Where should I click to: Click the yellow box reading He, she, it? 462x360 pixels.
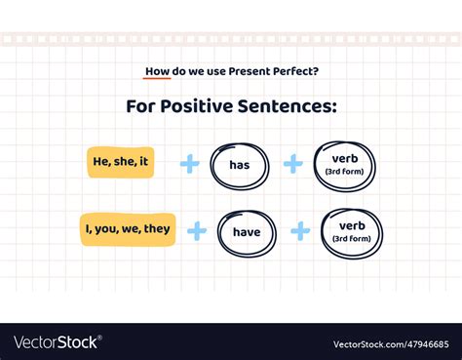[x=122, y=162]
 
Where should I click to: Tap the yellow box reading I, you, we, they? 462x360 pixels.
[x=128, y=229]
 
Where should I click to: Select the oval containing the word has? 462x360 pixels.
[x=240, y=165]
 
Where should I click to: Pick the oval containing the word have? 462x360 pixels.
[x=247, y=232]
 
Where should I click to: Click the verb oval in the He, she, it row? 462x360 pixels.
[x=344, y=165]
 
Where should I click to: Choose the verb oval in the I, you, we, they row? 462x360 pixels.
[x=351, y=233]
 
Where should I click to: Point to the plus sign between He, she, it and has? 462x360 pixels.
[x=189, y=164]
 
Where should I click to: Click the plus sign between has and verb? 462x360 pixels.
[x=292, y=164]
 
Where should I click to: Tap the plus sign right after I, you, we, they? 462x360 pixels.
[x=197, y=231]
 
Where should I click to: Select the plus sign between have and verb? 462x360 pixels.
[x=300, y=231]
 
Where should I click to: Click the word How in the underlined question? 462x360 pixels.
[x=157, y=70]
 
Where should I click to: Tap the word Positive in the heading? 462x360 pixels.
[x=200, y=105]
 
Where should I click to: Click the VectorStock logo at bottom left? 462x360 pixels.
[x=57, y=341]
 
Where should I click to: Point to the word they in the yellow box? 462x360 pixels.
[x=157, y=229]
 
